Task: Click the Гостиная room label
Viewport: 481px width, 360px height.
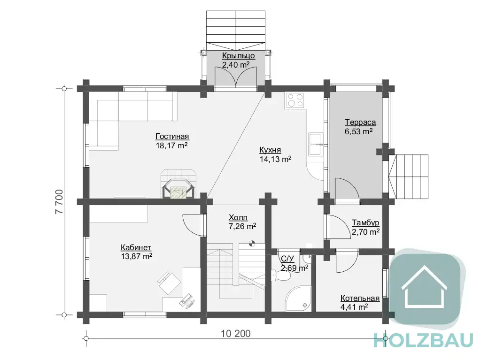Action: coord(172,137)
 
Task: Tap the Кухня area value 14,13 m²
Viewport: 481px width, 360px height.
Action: coord(275,159)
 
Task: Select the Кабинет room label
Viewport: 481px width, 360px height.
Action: coord(136,247)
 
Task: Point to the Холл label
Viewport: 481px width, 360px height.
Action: coord(238,218)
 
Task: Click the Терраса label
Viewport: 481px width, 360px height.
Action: coord(360,123)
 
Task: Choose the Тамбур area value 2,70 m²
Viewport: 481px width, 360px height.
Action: coord(365,232)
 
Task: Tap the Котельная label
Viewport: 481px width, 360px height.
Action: coord(360,299)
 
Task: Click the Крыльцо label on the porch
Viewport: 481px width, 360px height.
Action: coord(238,56)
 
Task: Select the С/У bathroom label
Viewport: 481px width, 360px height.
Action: coord(287,259)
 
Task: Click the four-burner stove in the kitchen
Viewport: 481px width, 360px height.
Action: coord(295,100)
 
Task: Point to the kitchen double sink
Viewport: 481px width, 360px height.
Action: coord(316,145)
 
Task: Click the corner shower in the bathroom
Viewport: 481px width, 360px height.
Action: coord(298,299)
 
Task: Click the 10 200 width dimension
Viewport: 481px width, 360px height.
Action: coord(236,334)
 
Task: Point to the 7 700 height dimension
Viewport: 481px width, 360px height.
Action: coord(59,202)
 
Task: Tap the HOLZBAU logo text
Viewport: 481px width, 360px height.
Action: coord(424,341)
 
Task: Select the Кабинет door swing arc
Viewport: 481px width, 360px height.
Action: coord(192,225)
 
